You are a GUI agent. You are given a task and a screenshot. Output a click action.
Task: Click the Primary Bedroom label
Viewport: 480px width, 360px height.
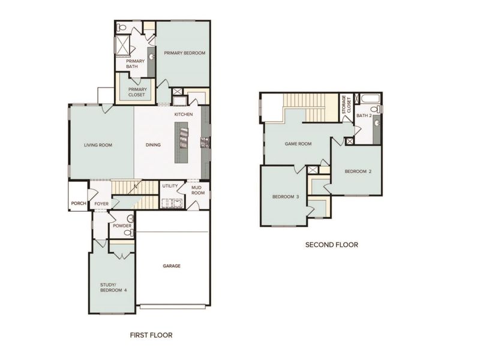tap(184, 53)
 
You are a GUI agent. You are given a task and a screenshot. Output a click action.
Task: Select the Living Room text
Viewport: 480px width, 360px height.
tap(99, 144)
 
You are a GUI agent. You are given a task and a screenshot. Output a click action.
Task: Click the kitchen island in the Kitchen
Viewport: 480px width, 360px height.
tap(181, 142)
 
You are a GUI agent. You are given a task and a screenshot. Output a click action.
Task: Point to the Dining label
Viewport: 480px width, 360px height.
tap(153, 144)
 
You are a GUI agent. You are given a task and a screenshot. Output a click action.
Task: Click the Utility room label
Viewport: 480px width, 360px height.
tap(169, 186)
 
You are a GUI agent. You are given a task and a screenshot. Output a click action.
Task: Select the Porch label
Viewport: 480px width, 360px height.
tap(77, 204)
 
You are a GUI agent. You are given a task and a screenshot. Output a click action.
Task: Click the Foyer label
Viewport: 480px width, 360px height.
tap(101, 204)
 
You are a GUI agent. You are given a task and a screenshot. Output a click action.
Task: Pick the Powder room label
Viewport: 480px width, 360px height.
tap(122, 226)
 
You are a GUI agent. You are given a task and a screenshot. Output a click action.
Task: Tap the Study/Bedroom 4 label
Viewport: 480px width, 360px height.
tap(113, 287)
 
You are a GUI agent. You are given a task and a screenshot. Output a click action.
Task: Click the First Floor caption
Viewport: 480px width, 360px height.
tap(151, 335)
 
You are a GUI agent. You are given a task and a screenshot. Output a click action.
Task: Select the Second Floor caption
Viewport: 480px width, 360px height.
tap(331, 245)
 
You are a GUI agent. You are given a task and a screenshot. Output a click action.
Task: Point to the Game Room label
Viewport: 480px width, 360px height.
tap(298, 143)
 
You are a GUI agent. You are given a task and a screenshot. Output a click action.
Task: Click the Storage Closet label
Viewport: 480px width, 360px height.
tap(344, 104)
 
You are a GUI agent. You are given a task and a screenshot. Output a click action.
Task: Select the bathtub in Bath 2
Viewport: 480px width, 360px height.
tap(368, 98)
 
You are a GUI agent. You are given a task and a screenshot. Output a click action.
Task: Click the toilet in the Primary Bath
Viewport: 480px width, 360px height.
tap(122, 27)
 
